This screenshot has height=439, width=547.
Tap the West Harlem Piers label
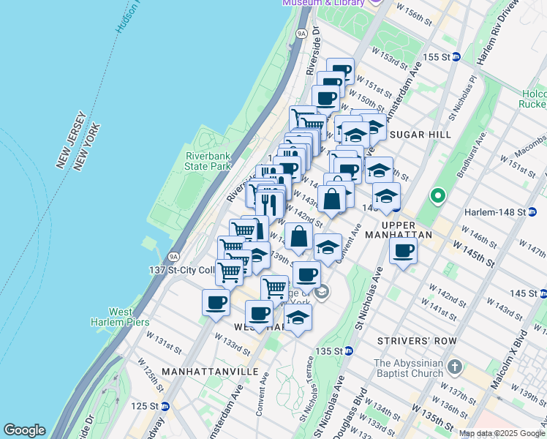(120, 317)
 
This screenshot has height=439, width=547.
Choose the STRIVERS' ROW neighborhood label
(417, 341)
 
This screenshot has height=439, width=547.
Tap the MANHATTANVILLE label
(209, 372)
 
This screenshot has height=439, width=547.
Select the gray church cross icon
(454, 365)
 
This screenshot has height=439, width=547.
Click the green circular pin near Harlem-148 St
(437, 195)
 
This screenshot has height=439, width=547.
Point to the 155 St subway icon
(456, 56)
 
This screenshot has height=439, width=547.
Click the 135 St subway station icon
(349, 351)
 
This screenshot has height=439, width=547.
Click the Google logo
(24, 430)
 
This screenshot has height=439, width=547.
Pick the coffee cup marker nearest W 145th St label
(403, 251)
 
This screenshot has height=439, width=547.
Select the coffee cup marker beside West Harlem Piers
(216, 301)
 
